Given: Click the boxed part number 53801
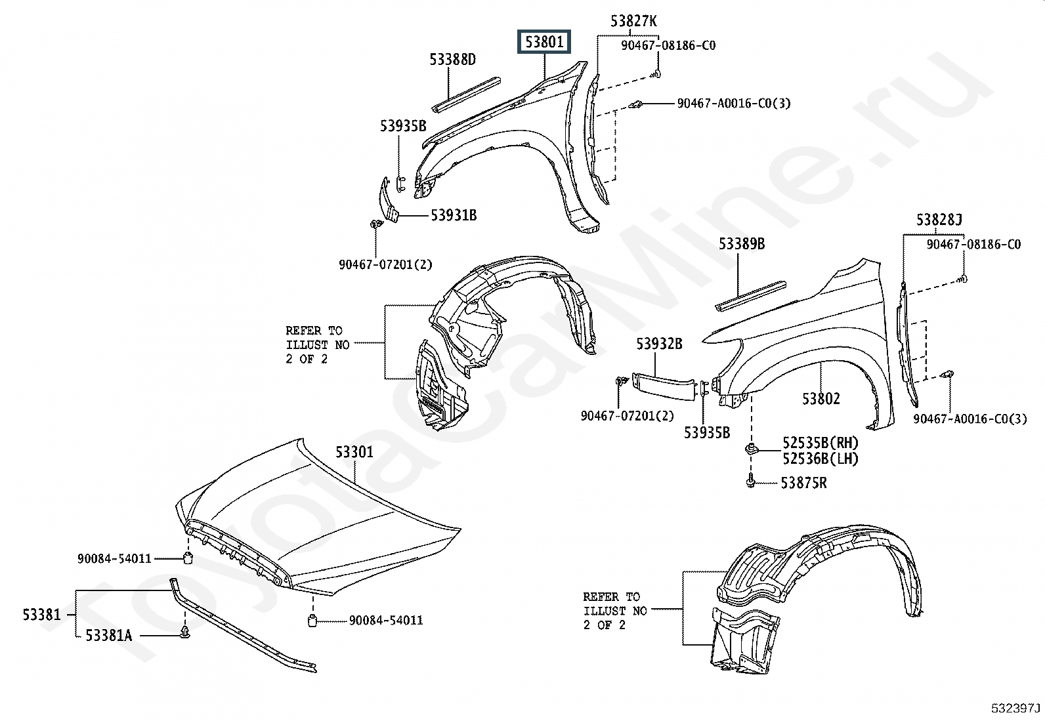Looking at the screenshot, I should tap(544, 43).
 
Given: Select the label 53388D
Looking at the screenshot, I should tap(453, 60).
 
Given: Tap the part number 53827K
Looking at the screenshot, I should tap(633, 22).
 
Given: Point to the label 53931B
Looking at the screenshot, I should tap(454, 215).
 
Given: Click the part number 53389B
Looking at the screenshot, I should tap(742, 244).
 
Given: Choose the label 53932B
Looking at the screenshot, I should tap(659, 343).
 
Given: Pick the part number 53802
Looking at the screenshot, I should tap(821, 398).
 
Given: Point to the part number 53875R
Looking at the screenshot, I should tap(803, 484).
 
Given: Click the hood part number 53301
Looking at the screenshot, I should tap(354, 452).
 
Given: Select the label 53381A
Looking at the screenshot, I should tap(108, 635).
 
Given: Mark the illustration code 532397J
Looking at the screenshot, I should tap(1016, 709).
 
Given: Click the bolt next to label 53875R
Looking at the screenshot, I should tap(750, 482).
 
